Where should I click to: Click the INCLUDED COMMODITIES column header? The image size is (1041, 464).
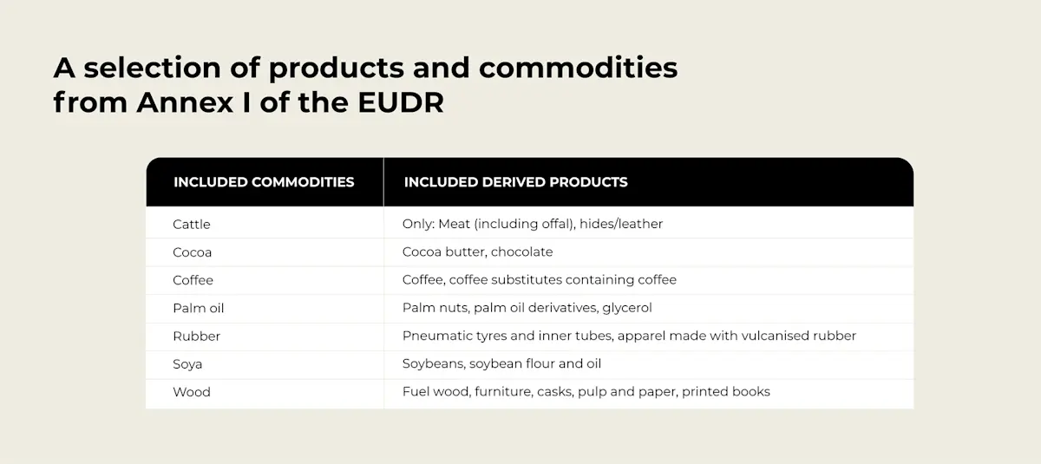(x=264, y=182)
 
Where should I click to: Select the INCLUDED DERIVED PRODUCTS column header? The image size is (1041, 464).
(x=515, y=182)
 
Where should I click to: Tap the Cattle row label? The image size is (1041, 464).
(x=192, y=224)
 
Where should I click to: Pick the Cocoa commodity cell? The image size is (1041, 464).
(x=193, y=252)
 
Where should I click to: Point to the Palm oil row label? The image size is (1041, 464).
(x=199, y=308)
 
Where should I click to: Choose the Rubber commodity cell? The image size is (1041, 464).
(x=197, y=336)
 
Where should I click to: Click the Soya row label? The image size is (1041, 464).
(x=187, y=364)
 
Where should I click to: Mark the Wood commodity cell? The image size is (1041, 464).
(x=192, y=392)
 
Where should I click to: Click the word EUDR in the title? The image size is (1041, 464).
(x=401, y=103)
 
